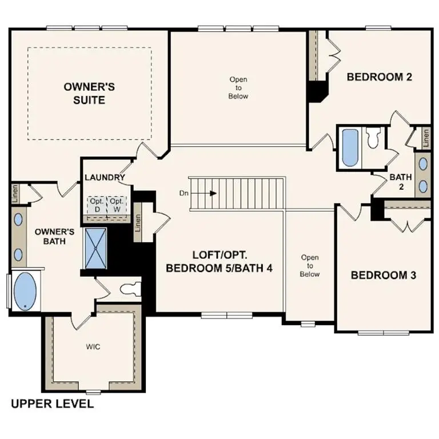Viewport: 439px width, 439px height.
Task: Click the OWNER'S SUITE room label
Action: click(x=89, y=93)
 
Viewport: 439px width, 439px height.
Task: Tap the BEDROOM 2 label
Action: click(x=380, y=77)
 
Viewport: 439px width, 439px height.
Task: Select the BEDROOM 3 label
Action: click(x=383, y=275)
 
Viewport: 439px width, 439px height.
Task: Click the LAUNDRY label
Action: click(x=105, y=177)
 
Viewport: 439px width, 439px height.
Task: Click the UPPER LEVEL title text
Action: click(x=53, y=404)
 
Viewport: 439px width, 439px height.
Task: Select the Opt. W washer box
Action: click(x=117, y=205)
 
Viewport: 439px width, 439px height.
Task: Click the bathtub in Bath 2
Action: click(x=349, y=147)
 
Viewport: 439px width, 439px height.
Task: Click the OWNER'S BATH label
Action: click(x=55, y=237)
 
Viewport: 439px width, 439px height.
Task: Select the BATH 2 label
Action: click(x=401, y=182)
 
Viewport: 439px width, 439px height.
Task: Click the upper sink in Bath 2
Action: click(x=424, y=163)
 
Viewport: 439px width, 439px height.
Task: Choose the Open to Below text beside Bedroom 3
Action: click(x=310, y=266)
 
